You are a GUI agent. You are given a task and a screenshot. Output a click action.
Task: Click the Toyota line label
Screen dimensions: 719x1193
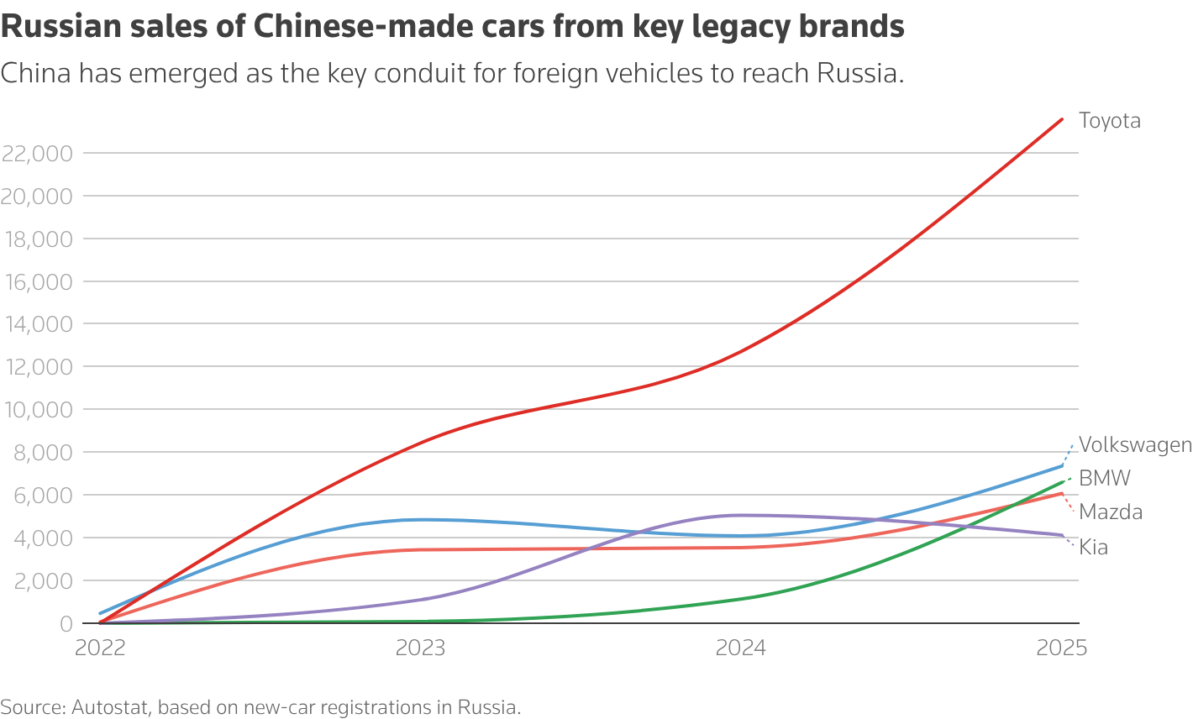pyautogui.click(x=1109, y=121)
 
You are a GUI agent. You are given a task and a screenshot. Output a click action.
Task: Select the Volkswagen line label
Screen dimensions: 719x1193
pyautogui.click(x=1134, y=445)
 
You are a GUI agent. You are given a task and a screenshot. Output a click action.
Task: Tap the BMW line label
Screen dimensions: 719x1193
pyautogui.click(x=1104, y=479)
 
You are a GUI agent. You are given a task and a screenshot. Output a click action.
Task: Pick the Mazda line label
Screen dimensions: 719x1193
pyautogui.click(x=1110, y=512)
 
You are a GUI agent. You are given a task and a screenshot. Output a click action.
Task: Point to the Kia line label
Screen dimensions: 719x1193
pyautogui.click(x=1093, y=548)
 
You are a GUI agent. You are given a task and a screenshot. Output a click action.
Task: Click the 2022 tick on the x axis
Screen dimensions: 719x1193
pyautogui.click(x=100, y=648)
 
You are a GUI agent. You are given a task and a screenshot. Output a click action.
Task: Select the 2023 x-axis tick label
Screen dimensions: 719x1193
pyautogui.click(x=421, y=648)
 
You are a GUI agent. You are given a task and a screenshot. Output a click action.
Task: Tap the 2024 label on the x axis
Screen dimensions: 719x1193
pyautogui.click(x=741, y=648)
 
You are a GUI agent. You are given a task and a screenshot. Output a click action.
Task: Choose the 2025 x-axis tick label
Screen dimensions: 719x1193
pyautogui.click(x=1062, y=648)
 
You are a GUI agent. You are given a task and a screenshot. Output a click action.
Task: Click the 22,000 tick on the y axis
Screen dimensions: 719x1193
pyautogui.click(x=37, y=154)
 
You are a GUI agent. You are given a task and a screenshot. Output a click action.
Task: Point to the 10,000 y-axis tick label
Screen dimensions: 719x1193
pyautogui.click(x=37, y=410)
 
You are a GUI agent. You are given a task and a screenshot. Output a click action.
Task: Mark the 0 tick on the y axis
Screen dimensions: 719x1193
pyautogui.click(x=66, y=623)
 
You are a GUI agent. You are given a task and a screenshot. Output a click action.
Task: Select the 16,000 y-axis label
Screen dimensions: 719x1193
pyautogui.click(x=37, y=282)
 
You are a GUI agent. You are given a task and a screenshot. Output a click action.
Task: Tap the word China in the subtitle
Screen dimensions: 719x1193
pyautogui.click(x=35, y=74)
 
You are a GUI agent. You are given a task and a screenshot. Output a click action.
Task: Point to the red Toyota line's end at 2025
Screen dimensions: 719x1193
pyautogui.click(x=1062, y=119)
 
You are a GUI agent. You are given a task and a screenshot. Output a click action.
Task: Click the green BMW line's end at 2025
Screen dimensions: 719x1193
pyautogui.click(x=1062, y=481)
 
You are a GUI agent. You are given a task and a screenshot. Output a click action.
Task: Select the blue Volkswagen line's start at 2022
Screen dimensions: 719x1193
pyautogui.click(x=100, y=613)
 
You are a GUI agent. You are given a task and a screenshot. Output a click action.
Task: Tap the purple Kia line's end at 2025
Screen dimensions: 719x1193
pyautogui.click(x=1062, y=535)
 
